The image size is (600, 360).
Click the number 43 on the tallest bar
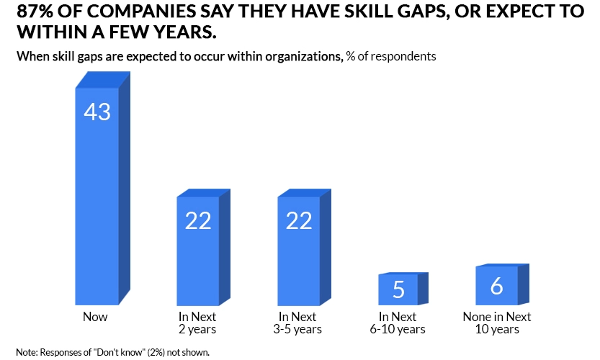tap(97, 112)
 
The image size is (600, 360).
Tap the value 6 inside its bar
tap(497, 287)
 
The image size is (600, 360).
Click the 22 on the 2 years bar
tap(198, 221)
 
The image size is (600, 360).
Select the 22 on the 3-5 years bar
tap(299, 221)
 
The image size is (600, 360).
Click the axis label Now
tap(96, 317)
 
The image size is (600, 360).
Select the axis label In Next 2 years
tap(197, 323)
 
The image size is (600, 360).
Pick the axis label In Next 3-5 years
tap(299, 323)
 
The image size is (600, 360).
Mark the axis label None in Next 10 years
tap(497, 323)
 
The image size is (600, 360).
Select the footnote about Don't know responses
tap(112, 352)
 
